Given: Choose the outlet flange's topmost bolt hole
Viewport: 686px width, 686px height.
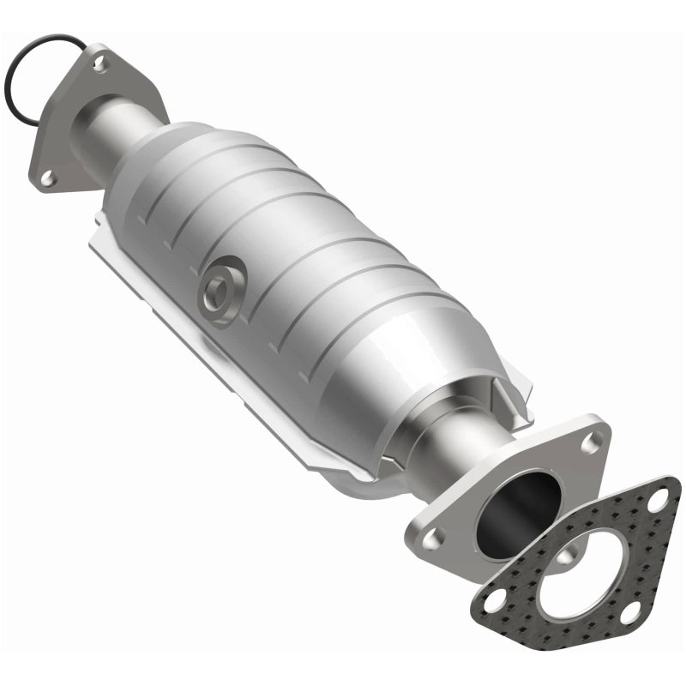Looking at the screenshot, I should point(590,443).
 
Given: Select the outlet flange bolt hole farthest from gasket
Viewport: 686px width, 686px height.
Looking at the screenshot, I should point(435,539).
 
